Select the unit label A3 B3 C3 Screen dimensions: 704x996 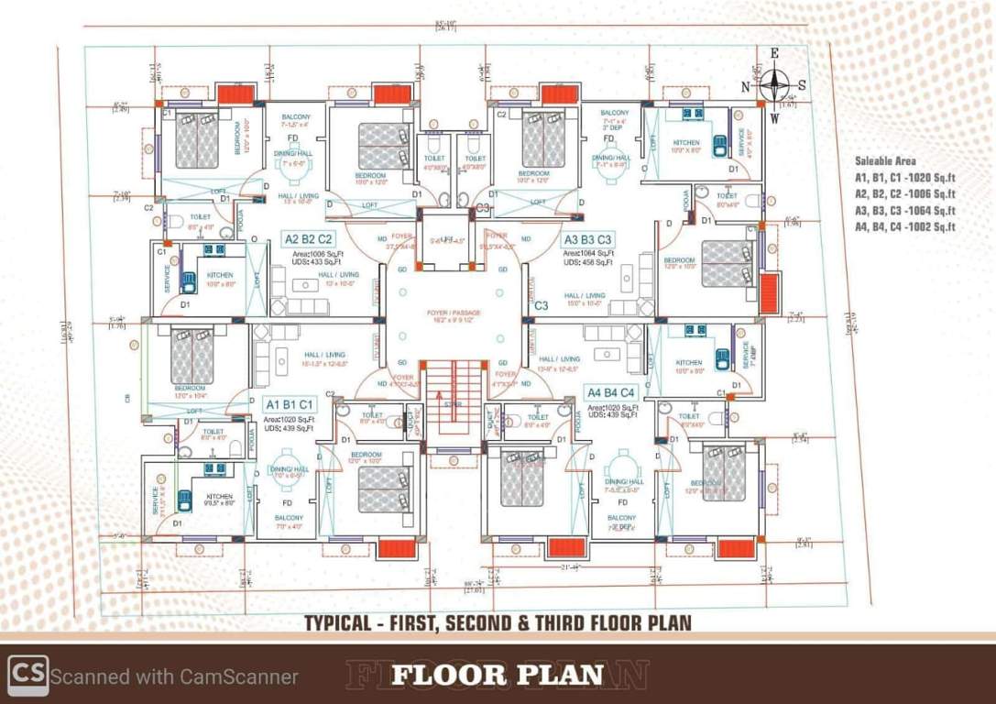click(588, 239)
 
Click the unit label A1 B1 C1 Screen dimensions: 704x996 click(290, 404)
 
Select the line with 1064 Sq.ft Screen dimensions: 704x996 click(904, 210)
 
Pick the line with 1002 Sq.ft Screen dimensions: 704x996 click(904, 226)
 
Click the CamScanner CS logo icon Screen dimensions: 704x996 click(27, 676)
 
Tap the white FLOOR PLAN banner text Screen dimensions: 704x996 click(498, 676)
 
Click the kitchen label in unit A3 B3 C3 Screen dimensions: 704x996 click(686, 143)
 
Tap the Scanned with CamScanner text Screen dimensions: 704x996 click(174, 677)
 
